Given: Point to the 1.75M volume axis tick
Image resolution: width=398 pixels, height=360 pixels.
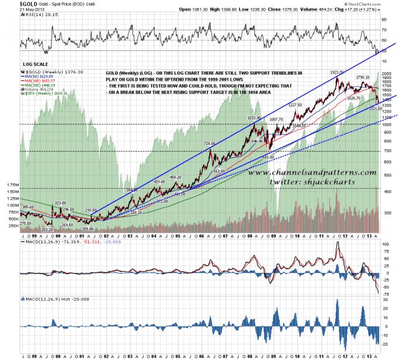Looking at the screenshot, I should [x=10, y=185].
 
